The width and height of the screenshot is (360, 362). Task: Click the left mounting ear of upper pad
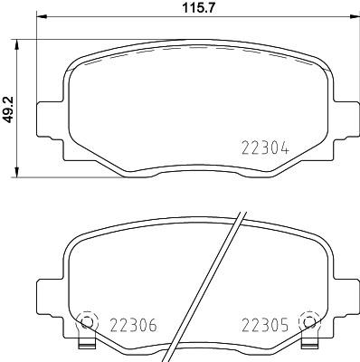pyautogui.click(x=47, y=119)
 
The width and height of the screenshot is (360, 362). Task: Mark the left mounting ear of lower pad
pyautogui.click(x=47, y=296)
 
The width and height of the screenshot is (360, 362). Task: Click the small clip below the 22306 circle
pyautogui.click(x=87, y=345)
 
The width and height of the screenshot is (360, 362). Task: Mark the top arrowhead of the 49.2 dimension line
pyautogui.click(x=20, y=43)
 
